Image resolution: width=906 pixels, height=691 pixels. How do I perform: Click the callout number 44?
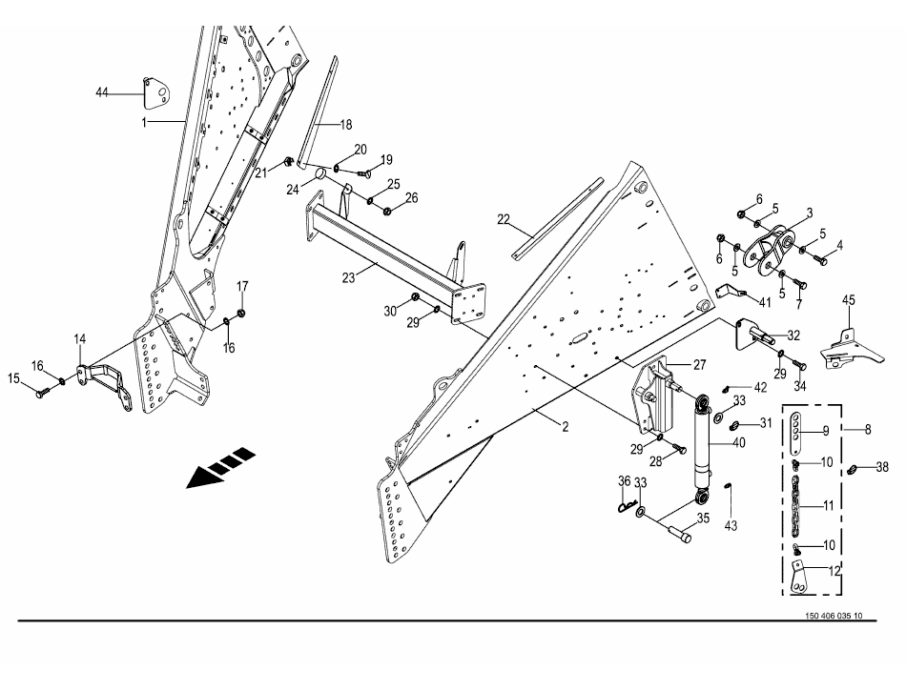pos(102,92)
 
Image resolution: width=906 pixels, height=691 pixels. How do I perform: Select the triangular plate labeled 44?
pos(155,93)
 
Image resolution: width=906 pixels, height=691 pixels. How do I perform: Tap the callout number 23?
pos(348,277)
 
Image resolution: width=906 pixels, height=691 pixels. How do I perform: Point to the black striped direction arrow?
pos(220,467)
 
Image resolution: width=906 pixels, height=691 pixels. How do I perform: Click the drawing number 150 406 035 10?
pos(834,616)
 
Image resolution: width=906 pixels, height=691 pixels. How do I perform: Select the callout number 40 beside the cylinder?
pos(738,443)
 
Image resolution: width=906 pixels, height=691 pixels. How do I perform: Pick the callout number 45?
pos(848,300)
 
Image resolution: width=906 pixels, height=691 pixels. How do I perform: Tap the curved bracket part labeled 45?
pos(852,350)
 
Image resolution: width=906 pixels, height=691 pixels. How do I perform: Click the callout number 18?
pos(345,125)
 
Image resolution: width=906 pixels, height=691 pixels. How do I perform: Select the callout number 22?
pos(504,219)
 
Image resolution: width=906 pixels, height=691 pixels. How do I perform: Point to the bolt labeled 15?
pos(43,392)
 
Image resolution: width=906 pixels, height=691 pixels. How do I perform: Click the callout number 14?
pos(80,339)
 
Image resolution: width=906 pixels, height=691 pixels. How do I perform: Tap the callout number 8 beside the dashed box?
pos(868,430)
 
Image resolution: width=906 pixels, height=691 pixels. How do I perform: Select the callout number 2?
pos(566,426)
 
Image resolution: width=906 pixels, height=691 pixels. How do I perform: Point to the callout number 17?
pos(242,286)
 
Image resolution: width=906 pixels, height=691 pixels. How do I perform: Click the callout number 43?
pos(731,526)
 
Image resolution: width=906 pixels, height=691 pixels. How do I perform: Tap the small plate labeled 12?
pos(797,579)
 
